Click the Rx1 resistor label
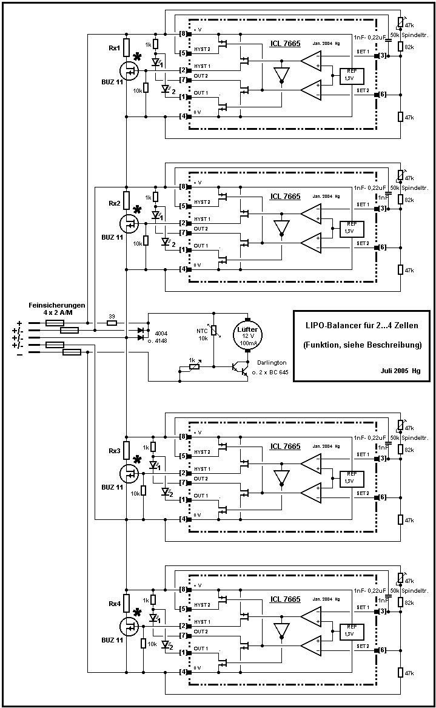click(x=115, y=48)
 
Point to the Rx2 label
click(x=115, y=203)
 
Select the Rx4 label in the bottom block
click(x=115, y=604)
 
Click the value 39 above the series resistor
click(x=111, y=315)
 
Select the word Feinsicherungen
click(x=57, y=305)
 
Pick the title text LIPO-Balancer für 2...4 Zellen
click(x=361, y=326)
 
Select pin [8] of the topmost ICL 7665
click(x=183, y=33)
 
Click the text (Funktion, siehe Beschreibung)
click(x=361, y=345)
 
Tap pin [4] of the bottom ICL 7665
click(x=183, y=672)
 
